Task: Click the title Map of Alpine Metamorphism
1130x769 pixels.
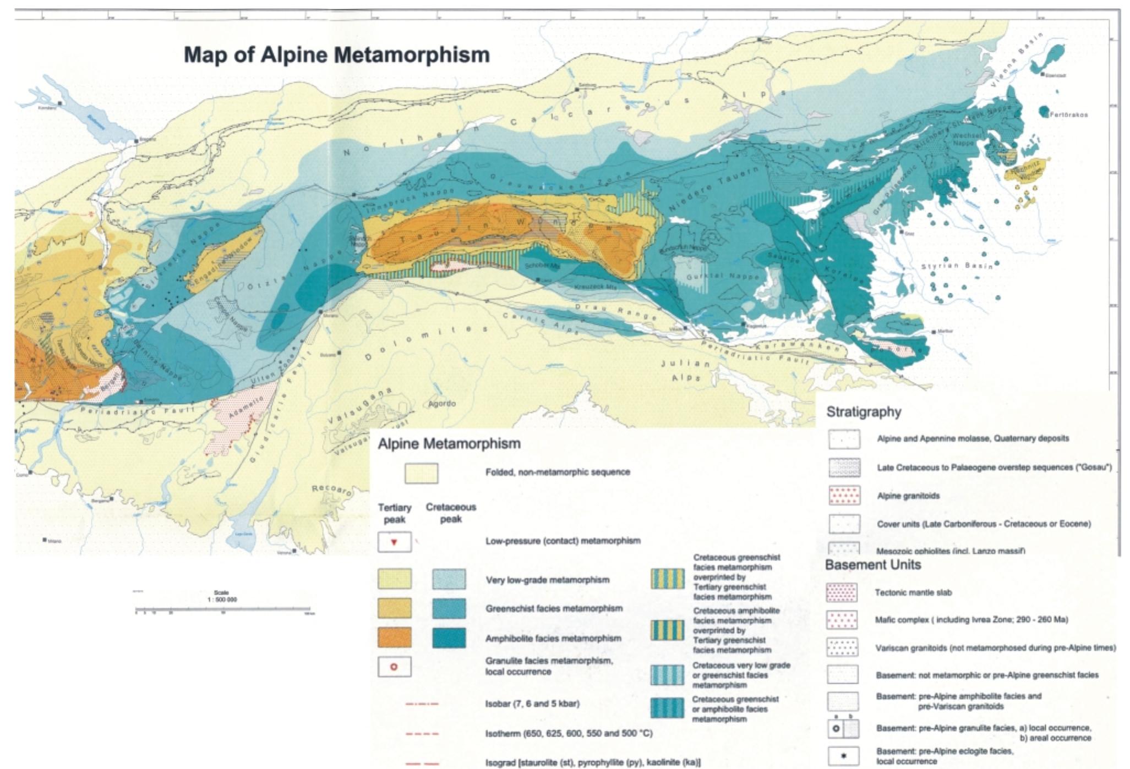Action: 336,55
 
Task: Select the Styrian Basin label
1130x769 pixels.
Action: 957,266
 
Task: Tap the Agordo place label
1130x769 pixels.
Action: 442,403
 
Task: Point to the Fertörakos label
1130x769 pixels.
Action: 1068,115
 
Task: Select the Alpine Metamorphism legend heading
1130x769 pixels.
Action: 449,443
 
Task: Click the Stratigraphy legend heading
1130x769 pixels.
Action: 864,411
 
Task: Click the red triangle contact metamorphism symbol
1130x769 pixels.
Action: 394,542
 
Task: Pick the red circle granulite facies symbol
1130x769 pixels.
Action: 394,667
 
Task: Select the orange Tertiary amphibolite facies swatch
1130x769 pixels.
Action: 394,638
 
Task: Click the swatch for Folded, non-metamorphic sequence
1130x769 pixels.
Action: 421,473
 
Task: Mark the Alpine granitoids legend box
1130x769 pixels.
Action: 844,496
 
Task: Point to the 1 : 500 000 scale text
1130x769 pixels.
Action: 222,600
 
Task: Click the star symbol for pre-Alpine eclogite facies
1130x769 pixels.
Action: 843,756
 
